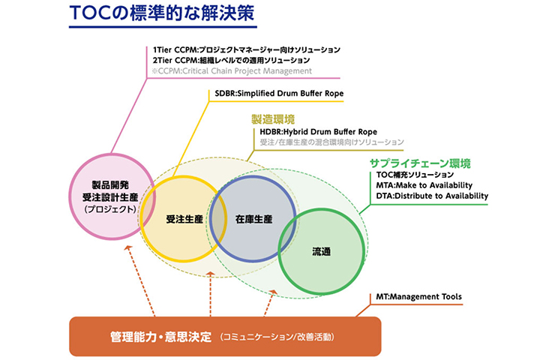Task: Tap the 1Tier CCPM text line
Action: [244, 49]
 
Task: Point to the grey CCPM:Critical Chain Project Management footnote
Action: [232, 70]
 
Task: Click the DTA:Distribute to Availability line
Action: [432, 196]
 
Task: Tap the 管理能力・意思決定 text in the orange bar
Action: [160, 334]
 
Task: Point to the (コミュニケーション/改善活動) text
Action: [277, 335]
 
